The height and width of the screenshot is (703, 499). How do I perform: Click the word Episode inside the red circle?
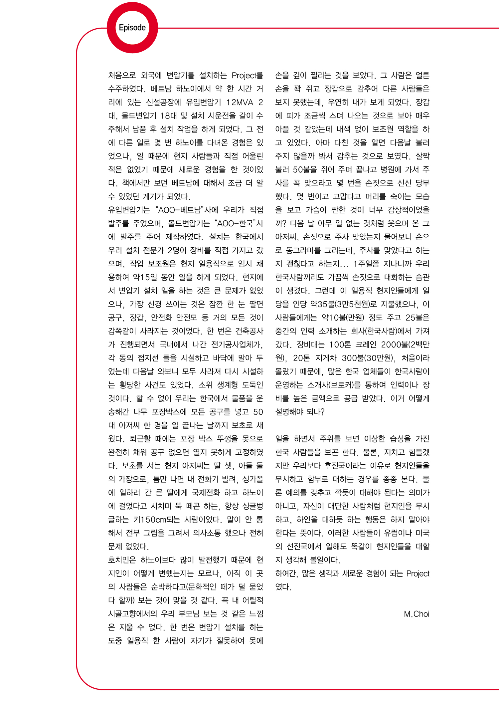click(x=132, y=28)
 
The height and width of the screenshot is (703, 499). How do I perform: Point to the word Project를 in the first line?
click(x=247, y=76)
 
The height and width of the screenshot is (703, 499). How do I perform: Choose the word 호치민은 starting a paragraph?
click(x=121, y=560)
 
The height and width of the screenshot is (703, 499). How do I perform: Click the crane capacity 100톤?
click(x=340, y=345)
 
